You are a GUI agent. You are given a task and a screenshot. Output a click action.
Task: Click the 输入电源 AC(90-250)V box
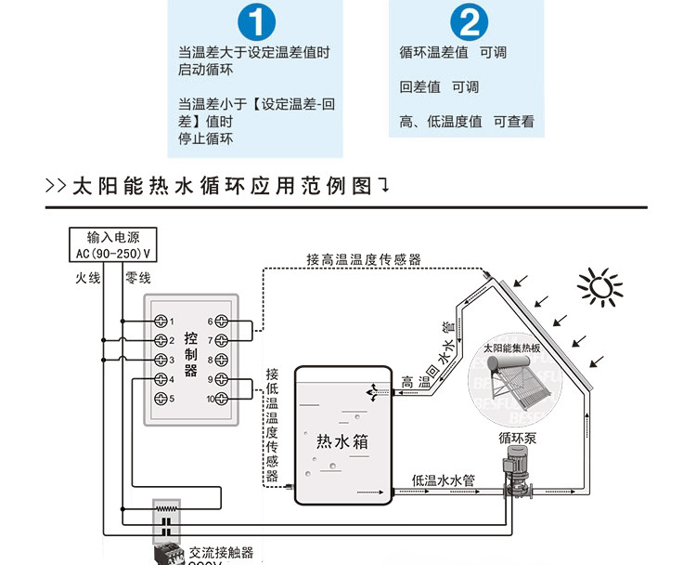pos(111,244)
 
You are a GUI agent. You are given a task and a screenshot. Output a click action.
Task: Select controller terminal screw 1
pos(161,322)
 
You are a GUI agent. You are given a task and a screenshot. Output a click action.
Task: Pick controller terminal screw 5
pos(161,399)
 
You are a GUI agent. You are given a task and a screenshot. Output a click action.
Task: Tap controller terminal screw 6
pos(224,322)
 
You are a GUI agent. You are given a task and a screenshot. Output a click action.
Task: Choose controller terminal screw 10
pos(224,399)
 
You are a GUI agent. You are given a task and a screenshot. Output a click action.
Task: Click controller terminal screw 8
pos(224,360)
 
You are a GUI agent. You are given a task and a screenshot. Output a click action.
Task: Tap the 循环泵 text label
pos(517,437)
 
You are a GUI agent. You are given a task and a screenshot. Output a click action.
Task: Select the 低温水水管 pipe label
pos(444,480)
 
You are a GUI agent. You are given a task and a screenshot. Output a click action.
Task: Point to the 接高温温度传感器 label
pos(364,260)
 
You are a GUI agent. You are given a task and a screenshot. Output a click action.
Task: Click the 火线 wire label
pos(88,278)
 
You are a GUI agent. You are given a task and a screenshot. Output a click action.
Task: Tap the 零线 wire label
pos(137,278)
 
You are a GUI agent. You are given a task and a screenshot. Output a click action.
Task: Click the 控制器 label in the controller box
pos(191,353)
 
